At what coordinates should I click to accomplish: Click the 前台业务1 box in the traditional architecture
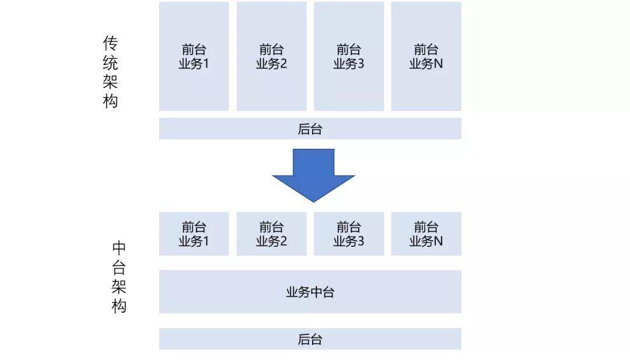(194, 57)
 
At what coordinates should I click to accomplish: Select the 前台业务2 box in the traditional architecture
(271, 57)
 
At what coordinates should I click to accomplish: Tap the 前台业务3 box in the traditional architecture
(349, 57)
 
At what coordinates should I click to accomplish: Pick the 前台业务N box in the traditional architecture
(426, 57)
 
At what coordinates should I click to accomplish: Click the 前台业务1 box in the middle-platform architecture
(194, 234)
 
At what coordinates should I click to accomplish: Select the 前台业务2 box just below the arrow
(271, 234)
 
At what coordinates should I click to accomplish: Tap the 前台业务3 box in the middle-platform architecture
(349, 234)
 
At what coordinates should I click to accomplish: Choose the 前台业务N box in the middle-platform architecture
(426, 234)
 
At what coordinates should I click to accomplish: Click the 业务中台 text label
(310, 292)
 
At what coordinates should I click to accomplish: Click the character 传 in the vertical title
(110, 44)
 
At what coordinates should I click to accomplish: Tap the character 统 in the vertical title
(110, 63)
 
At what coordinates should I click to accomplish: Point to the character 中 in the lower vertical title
(119, 249)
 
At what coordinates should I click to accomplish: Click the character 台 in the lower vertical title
(119, 268)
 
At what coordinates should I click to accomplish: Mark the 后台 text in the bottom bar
(310, 340)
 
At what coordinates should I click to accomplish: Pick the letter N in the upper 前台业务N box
(438, 64)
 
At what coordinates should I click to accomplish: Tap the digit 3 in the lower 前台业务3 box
(360, 241)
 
